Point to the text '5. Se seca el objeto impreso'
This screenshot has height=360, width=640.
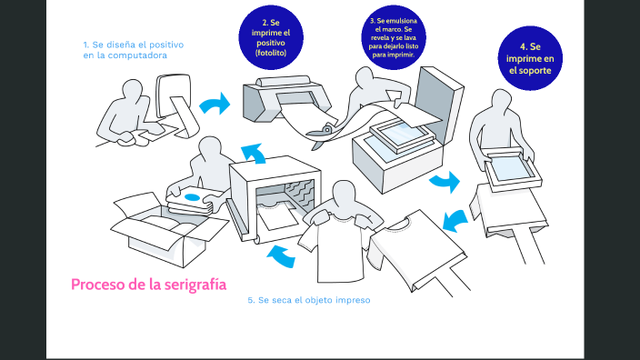(309, 300)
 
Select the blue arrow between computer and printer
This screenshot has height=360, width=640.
(215, 105)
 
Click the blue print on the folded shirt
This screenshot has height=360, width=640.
(192, 195)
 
